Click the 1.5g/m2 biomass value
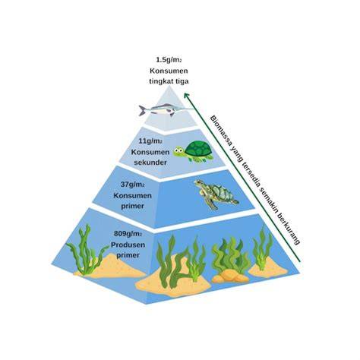coord(169,60)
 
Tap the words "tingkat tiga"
coord(169,81)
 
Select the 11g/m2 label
coord(150,141)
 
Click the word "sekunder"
coord(150,163)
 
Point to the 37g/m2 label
coord(132,185)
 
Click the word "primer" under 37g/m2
coord(132,206)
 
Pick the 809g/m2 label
coord(128,234)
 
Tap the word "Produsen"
coord(128,245)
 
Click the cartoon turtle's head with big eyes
coord(179,152)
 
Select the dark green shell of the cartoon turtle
coord(198,149)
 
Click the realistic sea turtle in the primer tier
coord(216,194)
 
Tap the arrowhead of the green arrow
coord(187,96)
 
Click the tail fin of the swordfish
coord(142,110)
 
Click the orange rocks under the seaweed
coord(230,276)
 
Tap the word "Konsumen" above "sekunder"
coord(150,152)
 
